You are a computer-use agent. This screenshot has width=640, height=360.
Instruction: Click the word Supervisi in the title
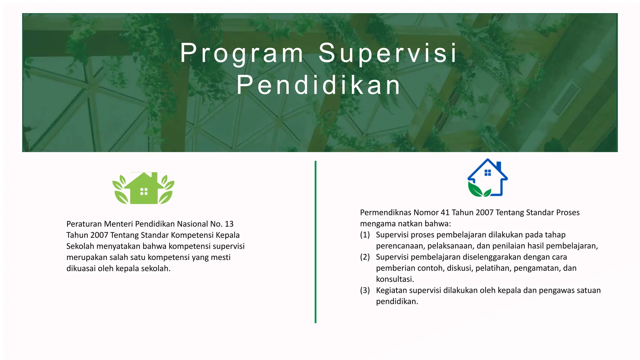[x=388, y=53]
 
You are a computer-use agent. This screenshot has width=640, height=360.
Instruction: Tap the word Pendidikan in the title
[x=318, y=85]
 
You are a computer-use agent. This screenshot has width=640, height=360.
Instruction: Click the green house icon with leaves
[x=143, y=188]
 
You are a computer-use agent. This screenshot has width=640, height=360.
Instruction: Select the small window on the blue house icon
[x=487, y=173]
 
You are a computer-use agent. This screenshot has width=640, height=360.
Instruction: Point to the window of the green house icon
[x=144, y=192]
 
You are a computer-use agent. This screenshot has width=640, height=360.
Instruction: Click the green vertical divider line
[x=316, y=242]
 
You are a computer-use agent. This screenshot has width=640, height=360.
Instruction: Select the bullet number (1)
[x=365, y=235]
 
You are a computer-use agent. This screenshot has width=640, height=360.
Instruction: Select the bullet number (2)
[x=365, y=257]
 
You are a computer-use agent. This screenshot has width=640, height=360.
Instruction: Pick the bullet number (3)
[x=365, y=290]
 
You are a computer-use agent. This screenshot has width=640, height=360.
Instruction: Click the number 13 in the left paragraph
[x=229, y=224]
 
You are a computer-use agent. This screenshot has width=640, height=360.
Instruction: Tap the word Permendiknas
[x=385, y=212]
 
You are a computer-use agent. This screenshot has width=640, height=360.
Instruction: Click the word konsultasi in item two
[x=394, y=279]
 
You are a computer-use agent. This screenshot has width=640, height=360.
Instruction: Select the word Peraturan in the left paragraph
[x=84, y=224]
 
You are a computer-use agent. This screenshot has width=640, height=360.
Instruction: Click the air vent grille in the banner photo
[x=566, y=99]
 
